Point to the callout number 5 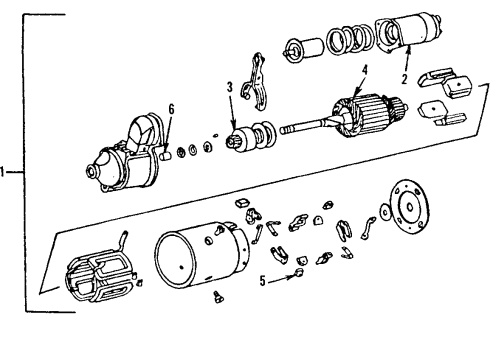point(263,282)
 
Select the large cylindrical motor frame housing point(198,263)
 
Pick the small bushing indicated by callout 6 point(166,153)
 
